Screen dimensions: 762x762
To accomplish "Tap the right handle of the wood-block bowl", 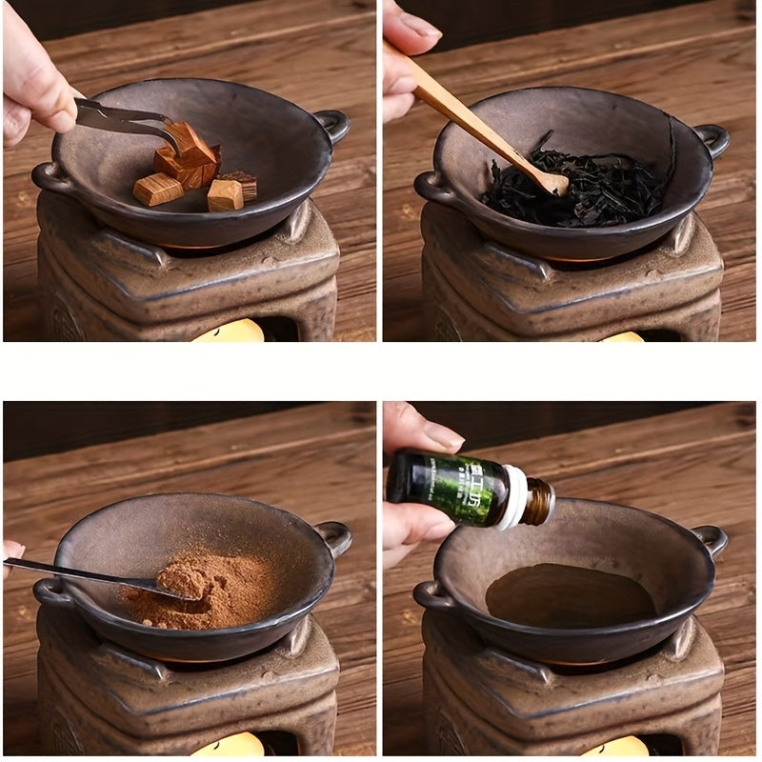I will coord(332,124).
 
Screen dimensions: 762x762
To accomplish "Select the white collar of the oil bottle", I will coord(515,497).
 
